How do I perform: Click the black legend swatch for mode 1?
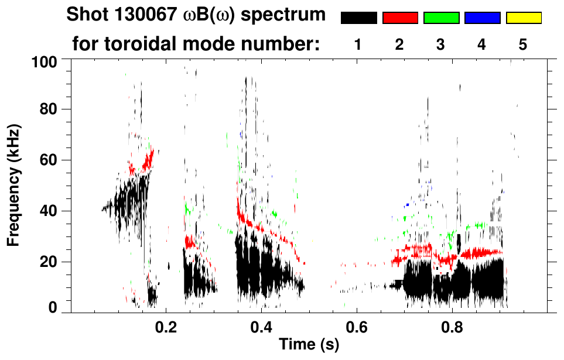(358, 18)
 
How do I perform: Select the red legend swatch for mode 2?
(400, 18)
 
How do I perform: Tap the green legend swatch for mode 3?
(441, 18)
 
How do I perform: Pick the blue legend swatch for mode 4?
(482, 18)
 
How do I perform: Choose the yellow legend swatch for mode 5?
(524, 18)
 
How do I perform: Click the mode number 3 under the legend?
(441, 44)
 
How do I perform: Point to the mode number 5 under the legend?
(523, 44)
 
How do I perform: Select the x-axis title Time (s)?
(309, 345)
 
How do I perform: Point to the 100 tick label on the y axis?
(45, 60)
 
